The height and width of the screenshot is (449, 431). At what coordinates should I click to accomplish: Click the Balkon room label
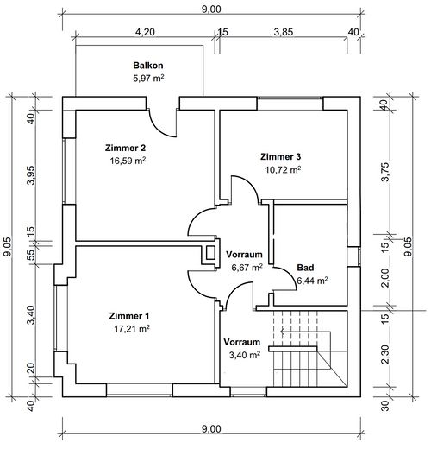(x=148, y=66)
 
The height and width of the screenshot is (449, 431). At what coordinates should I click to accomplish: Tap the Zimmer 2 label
(x=125, y=148)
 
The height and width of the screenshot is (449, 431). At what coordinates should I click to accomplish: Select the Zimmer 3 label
(x=280, y=156)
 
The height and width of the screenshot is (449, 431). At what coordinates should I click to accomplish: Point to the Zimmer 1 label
(x=129, y=316)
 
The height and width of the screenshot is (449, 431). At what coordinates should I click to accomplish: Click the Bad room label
(x=305, y=268)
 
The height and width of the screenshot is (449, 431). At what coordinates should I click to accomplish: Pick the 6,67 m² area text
(x=247, y=268)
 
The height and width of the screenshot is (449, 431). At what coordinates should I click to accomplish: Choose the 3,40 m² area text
(x=245, y=355)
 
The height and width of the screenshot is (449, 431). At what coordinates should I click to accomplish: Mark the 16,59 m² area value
(x=128, y=161)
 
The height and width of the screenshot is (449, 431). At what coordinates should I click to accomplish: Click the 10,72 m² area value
(x=283, y=169)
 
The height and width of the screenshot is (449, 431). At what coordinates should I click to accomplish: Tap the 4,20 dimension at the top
(x=145, y=32)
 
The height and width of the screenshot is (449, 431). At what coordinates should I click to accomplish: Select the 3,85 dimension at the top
(x=284, y=32)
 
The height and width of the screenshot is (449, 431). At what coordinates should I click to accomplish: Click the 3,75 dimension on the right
(x=385, y=172)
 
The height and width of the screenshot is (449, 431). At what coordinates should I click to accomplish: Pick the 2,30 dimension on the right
(x=385, y=354)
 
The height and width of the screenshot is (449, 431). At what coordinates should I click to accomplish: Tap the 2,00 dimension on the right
(x=385, y=278)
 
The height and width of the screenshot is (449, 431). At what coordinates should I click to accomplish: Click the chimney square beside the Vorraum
(x=210, y=253)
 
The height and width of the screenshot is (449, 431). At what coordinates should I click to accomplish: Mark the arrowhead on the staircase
(x=283, y=332)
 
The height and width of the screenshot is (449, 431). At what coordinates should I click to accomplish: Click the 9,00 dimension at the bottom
(x=211, y=429)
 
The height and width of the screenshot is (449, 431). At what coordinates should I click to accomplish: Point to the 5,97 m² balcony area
(x=148, y=78)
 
